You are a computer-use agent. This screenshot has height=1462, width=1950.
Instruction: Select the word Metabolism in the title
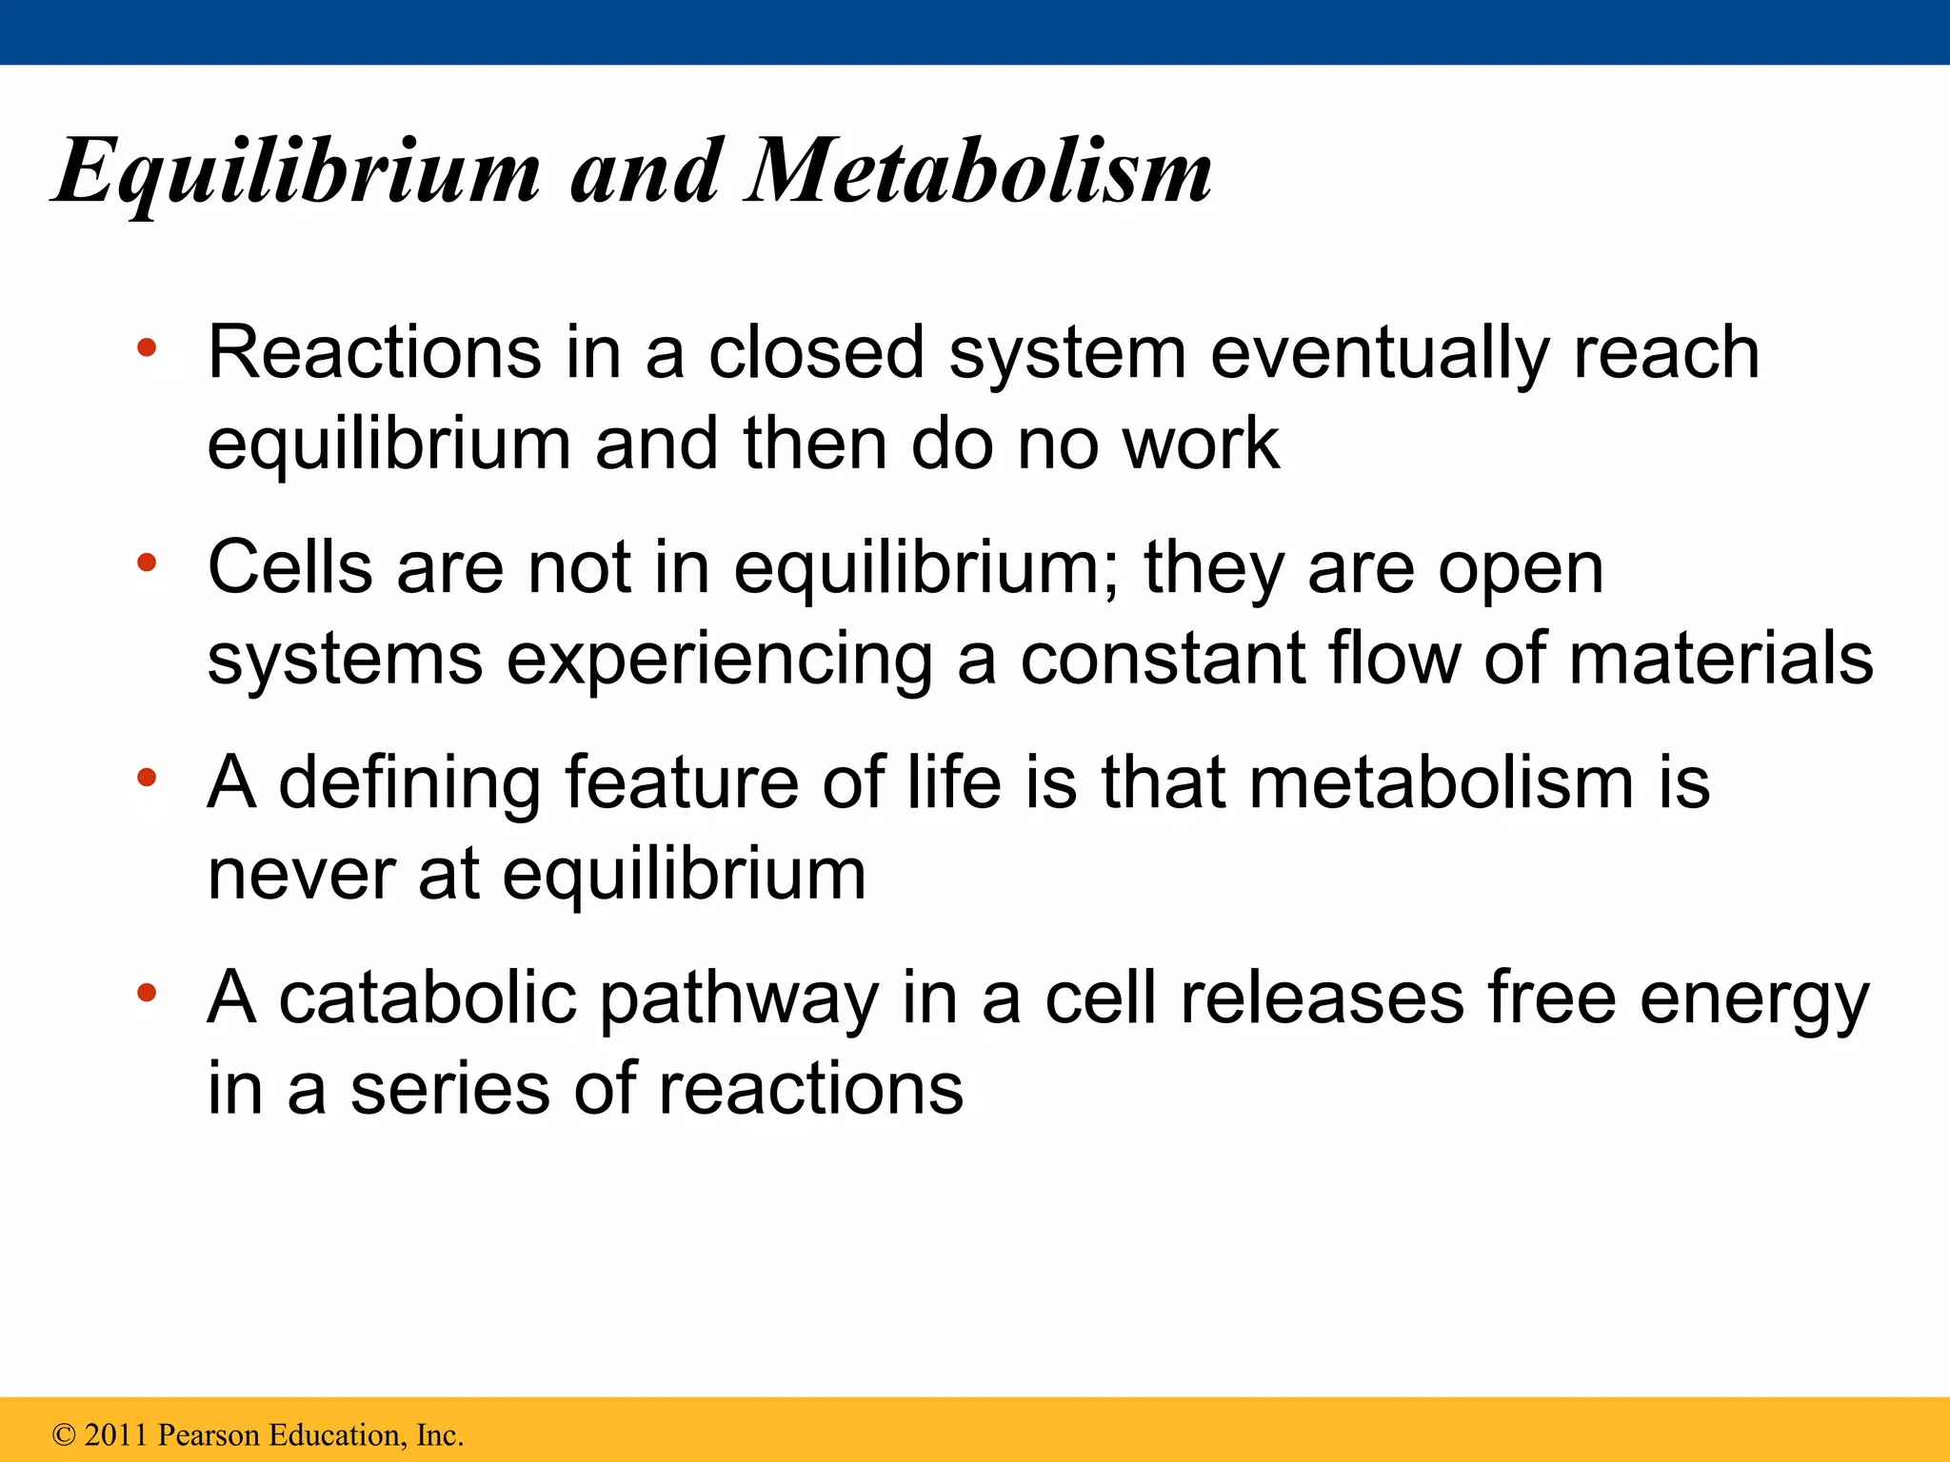click(x=979, y=171)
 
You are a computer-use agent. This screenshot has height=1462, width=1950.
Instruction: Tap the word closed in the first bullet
click(x=816, y=353)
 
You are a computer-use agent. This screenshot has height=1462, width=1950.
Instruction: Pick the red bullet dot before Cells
click(x=146, y=563)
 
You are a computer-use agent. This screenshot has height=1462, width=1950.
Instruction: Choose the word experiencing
click(x=719, y=660)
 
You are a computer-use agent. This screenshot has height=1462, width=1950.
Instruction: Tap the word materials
click(x=1721, y=658)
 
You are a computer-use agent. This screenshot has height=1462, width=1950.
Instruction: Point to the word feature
click(x=681, y=782)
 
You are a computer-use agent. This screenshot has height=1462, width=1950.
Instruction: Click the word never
click(x=301, y=874)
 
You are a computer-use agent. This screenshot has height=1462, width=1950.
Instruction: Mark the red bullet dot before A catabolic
click(x=146, y=994)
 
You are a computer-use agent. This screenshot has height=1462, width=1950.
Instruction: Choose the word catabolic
click(x=428, y=998)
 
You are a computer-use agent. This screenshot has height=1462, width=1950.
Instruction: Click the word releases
click(x=1323, y=998)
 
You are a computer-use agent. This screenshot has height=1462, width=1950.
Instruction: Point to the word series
click(x=449, y=1089)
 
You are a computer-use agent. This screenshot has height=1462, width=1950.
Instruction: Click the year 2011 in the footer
click(x=117, y=1434)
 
